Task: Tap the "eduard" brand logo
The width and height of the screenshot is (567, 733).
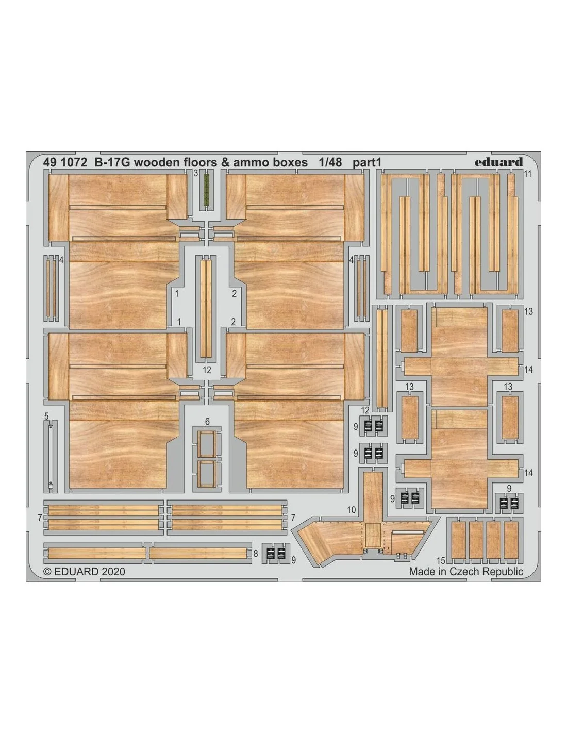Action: [x=498, y=162]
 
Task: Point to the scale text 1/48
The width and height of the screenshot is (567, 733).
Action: [x=330, y=163]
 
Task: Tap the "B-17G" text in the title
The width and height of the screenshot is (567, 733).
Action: [x=112, y=163]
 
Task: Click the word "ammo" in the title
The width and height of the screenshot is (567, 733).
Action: [x=249, y=163]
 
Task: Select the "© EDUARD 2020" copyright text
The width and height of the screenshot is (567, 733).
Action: [x=85, y=571]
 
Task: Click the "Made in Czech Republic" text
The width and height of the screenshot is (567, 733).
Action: [x=466, y=571]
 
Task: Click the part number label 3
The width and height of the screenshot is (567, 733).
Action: [x=196, y=174]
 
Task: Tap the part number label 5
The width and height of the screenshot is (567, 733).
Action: [x=46, y=417]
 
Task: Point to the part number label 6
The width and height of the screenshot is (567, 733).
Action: [x=207, y=421]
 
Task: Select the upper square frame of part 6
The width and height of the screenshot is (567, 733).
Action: [x=207, y=444]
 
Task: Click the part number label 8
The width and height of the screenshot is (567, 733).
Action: [x=256, y=554]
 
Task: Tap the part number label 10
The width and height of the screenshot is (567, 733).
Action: [x=351, y=510]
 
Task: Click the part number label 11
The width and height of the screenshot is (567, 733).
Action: [x=528, y=174]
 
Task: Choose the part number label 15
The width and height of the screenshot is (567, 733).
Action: [x=441, y=560]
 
